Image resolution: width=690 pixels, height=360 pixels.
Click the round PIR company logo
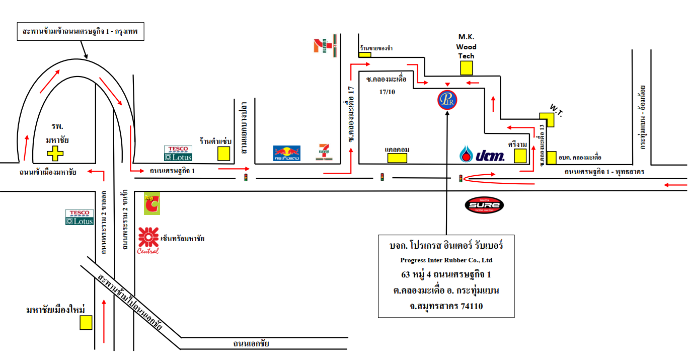[x=447, y=100]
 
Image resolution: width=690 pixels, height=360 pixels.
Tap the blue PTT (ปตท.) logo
[x=482, y=155]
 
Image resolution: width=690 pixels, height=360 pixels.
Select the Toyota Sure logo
[x=484, y=205]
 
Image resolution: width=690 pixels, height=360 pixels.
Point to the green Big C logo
[x=151, y=204]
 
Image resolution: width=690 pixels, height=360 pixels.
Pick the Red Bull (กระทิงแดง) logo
[x=287, y=154]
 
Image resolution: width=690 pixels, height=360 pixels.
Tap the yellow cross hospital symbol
[x=55, y=153]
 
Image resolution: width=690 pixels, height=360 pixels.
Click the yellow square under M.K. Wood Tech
[x=467, y=68]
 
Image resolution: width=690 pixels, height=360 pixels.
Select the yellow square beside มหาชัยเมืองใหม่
[x=86, y=322]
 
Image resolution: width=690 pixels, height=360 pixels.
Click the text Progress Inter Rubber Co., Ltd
[x=446, y=260]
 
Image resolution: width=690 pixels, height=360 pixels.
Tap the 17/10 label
[x=387, y=92]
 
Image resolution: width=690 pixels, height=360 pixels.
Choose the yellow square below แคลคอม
[x=397, y=158]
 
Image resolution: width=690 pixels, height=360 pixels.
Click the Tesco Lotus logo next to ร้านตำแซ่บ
[x=178, y=154]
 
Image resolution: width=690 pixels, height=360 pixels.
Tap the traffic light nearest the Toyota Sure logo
[x=461, y=178]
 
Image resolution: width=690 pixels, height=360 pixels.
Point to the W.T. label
[x=556, y=109]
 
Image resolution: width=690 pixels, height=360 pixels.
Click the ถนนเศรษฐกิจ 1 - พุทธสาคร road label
[x=604, y=172]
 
